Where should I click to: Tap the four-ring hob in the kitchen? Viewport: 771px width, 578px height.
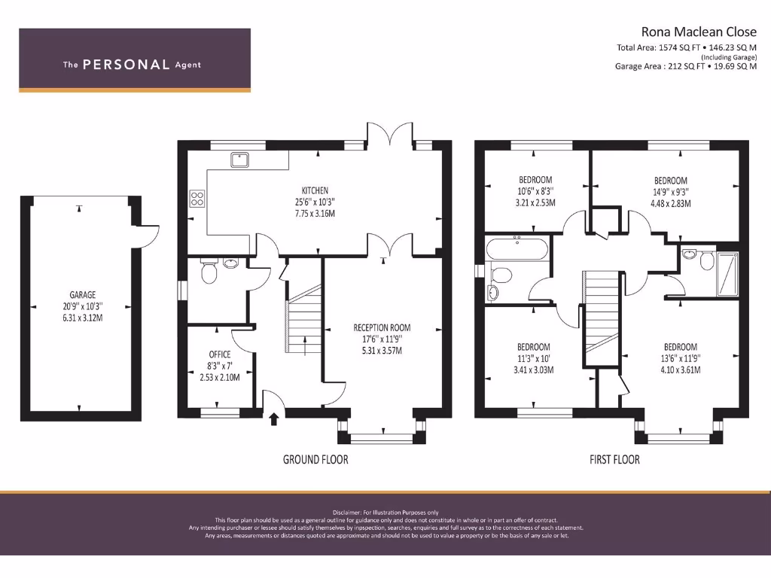[x=197, y=198]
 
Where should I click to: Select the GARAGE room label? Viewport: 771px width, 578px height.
[x=83, y=296]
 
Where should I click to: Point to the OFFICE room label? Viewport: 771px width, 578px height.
[x=220, y=354]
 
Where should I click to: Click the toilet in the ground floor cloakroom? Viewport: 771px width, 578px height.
[x=209, y=272]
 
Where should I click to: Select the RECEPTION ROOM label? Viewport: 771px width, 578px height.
[x=382, y=328]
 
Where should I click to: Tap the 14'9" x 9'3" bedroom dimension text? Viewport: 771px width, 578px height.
[x=670, y=192]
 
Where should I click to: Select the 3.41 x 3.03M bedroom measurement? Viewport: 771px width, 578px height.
[x=533, y=370]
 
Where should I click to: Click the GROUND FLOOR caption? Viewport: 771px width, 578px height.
[x=315, y=459]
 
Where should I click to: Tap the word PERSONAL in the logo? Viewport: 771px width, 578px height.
[x=126, y=65]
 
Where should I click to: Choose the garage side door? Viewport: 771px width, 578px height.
[x=148, y=236]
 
